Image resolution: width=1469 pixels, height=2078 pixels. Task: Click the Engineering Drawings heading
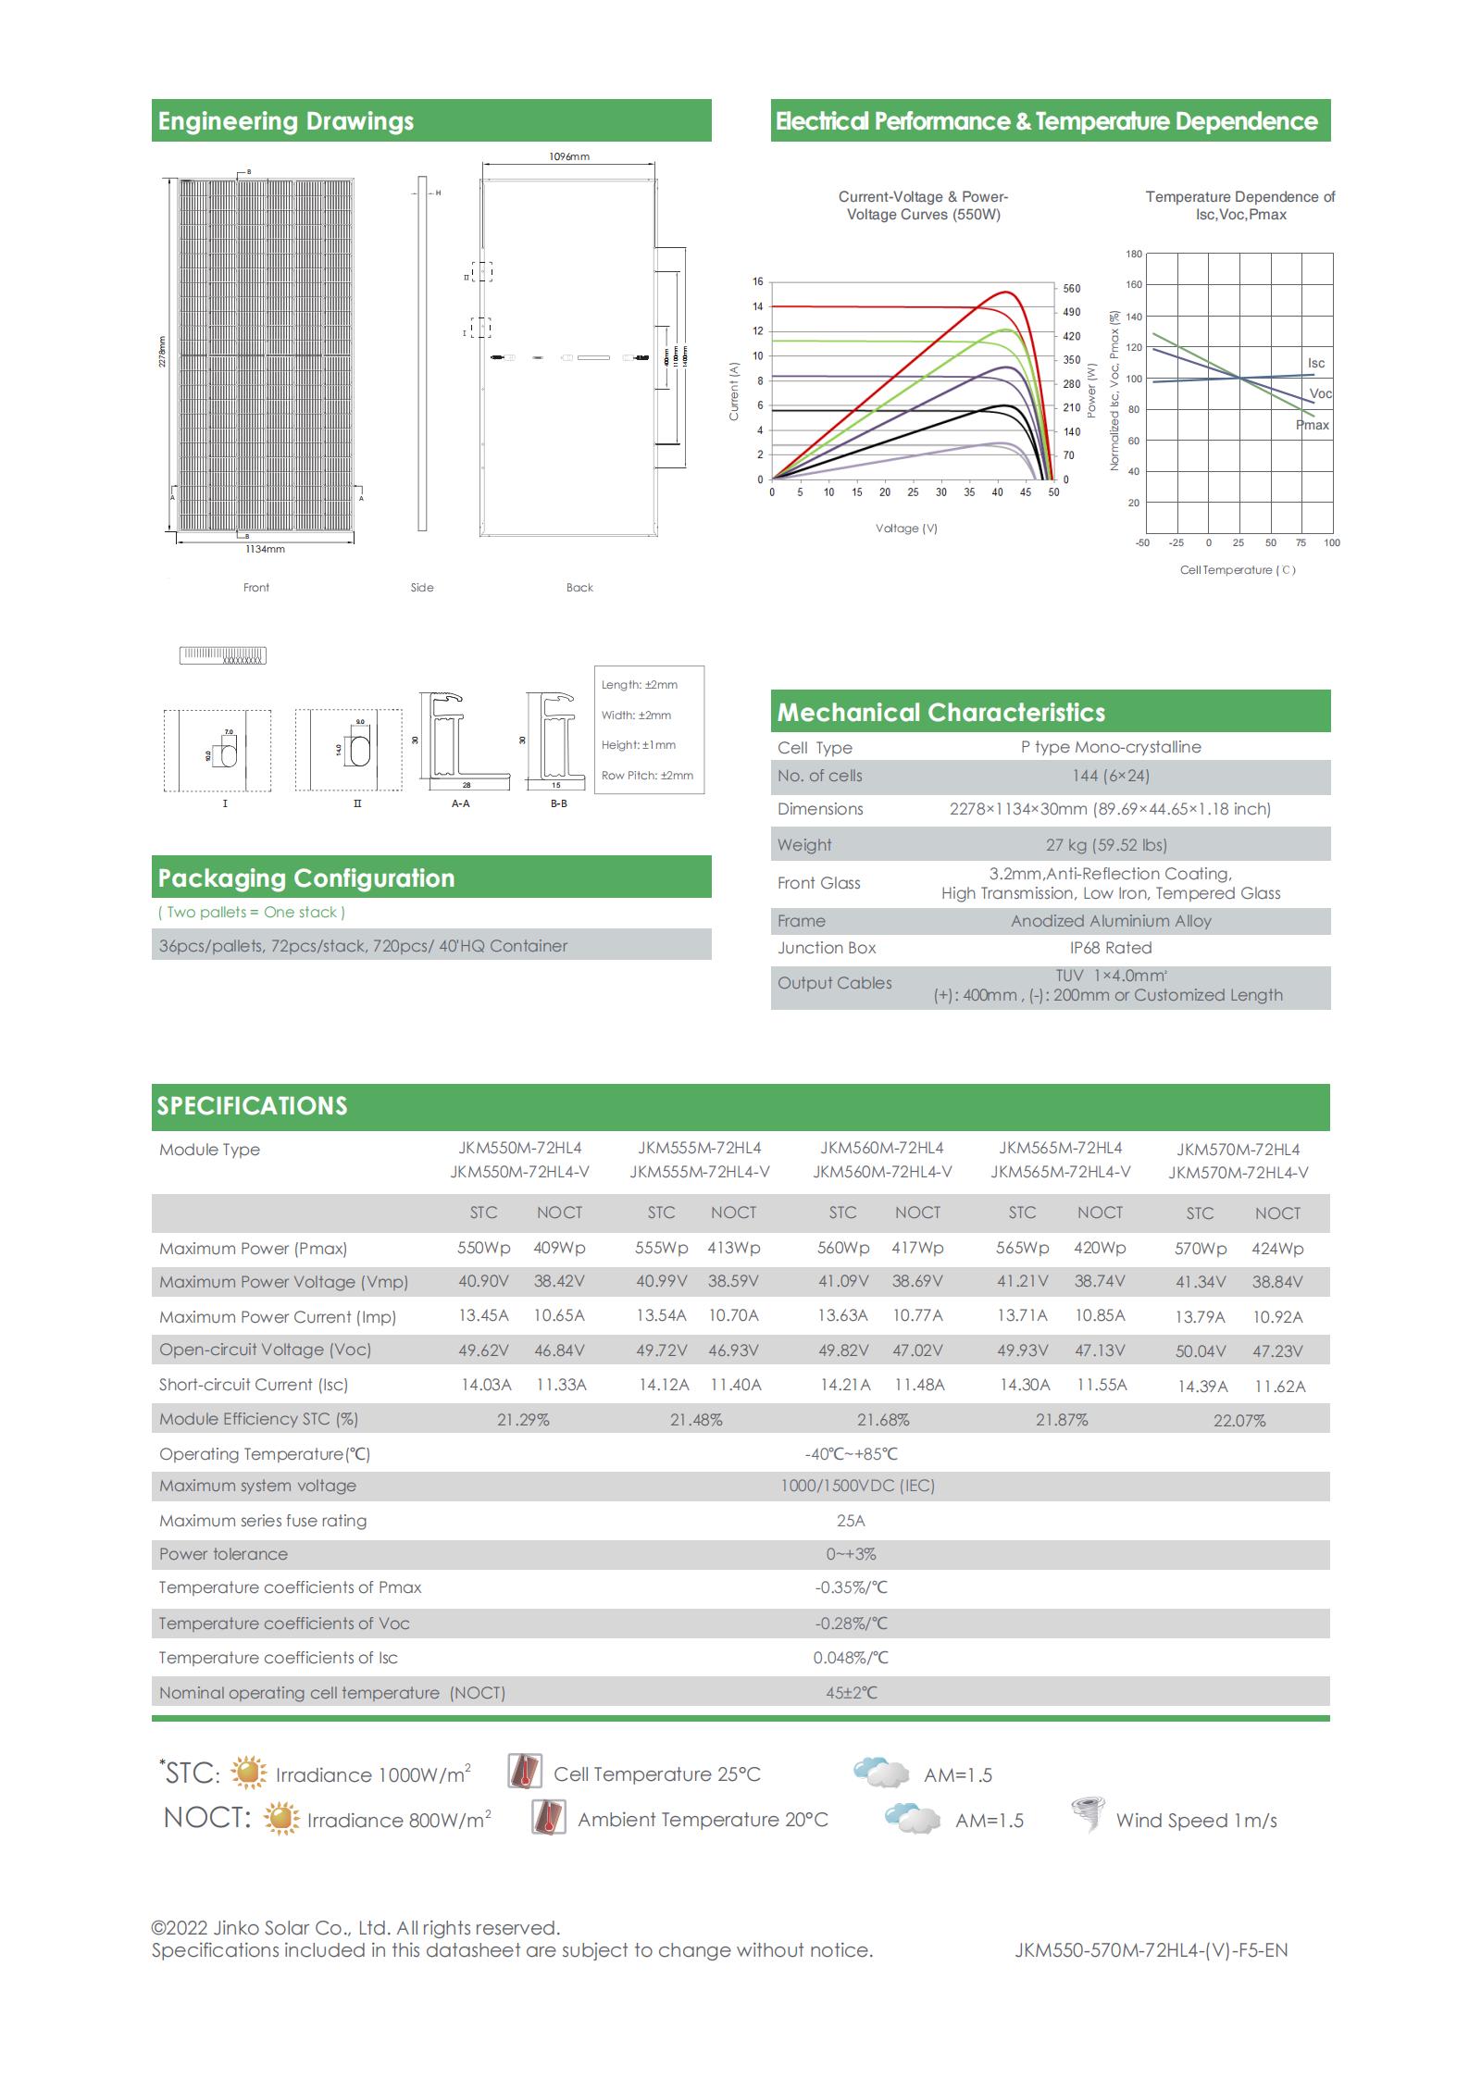coord(285,121)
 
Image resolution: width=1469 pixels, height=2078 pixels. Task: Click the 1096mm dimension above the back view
coord(568,156)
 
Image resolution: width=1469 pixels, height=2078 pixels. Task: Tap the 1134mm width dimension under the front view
coord(265,549)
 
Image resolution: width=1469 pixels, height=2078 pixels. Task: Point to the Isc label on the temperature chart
coord(1315,363)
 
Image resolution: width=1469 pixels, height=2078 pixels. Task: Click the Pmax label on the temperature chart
coord(1312,425)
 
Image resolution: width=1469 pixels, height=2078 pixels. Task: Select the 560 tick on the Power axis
coord(1071,289)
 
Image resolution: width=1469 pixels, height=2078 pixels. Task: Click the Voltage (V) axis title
coord(906,529)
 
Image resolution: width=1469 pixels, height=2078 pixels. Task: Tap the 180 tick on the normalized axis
coord(1134,254)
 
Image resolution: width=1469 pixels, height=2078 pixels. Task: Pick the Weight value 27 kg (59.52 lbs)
coord(1106,845)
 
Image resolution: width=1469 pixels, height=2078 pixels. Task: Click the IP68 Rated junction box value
coord(1110,948)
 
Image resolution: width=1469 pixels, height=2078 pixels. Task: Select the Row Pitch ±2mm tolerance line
coord(647,776)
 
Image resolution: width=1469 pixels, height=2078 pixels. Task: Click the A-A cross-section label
coord(460,803)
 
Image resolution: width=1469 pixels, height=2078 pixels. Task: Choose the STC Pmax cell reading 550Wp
coord(483,1248)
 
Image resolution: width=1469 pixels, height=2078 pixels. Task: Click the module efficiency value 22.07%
coord(1239,1421)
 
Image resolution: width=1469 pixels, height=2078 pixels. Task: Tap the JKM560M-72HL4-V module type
coord(882,1172)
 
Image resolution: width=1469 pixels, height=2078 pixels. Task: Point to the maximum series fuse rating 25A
coord(850,1521)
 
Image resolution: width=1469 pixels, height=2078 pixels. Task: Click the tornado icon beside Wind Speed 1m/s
coord(1087,1814)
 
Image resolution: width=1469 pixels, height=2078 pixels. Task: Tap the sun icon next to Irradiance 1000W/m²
coord(248,1773)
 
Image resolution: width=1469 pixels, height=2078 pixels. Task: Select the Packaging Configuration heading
coord(306,878)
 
